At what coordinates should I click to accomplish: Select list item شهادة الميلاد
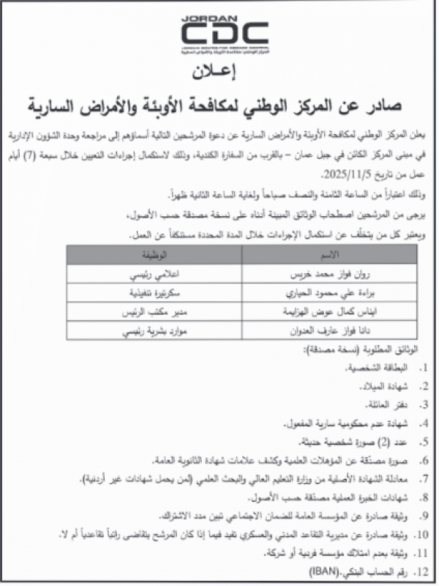pos(386,385)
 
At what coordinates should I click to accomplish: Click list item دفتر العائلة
pos(387,404)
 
